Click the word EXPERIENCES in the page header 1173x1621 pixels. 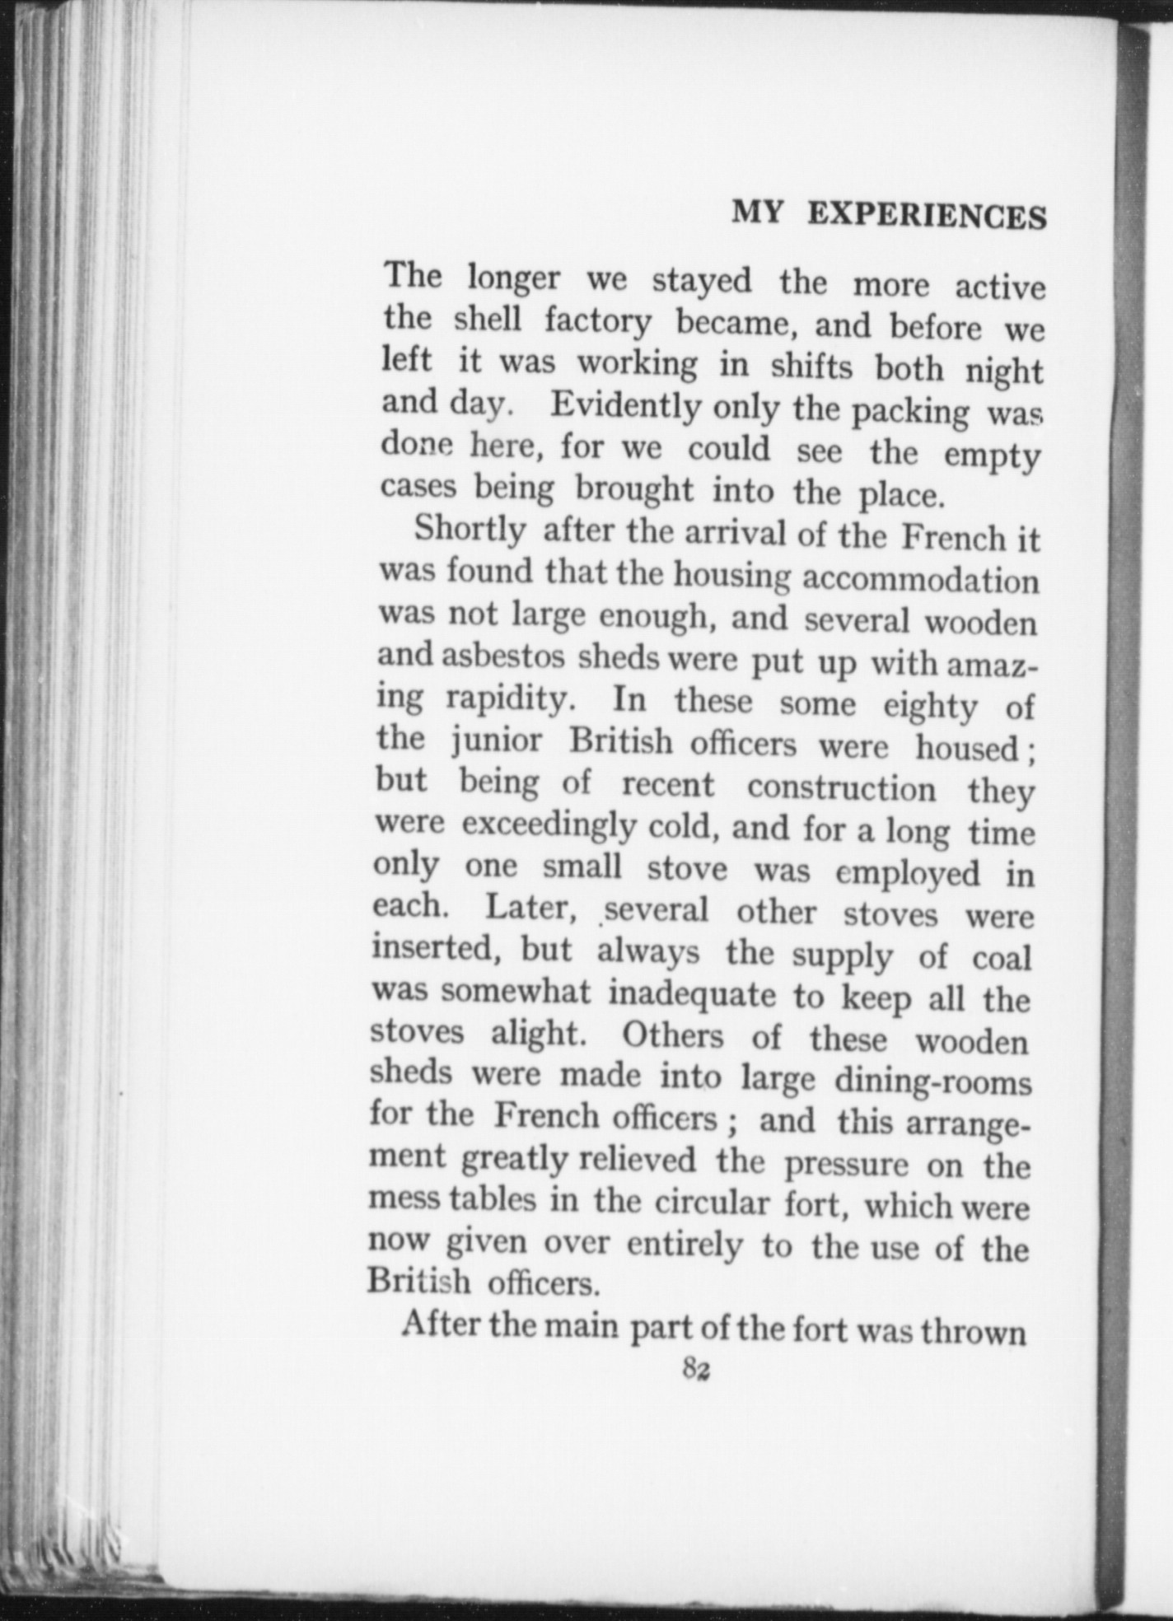click(x=927, y=216)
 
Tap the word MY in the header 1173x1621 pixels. click(x=756, y=213)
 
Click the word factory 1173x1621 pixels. click(x=597, y=322)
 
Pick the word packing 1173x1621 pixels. click(x=910, y=412)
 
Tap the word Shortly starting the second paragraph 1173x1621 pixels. click(x=470, y=529)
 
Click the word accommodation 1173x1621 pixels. click(x=920, y=581)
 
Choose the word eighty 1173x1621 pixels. click(x=930, y=707)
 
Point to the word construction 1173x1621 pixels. click(x=841, y=789)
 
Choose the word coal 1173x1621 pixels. click(x=1001, y=959)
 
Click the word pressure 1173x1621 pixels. click(x=846, y=1165)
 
